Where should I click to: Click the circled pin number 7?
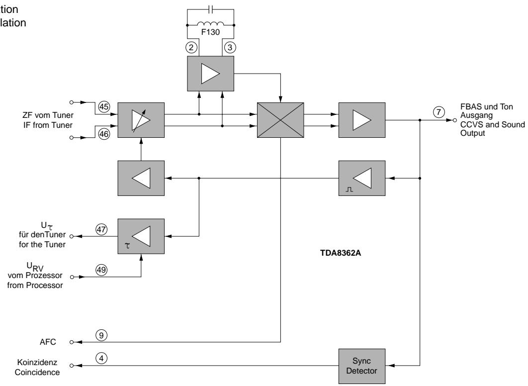[x=438, y=112]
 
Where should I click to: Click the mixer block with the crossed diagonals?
[x=280, y=120]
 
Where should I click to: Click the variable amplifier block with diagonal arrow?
[x=140, y=120]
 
